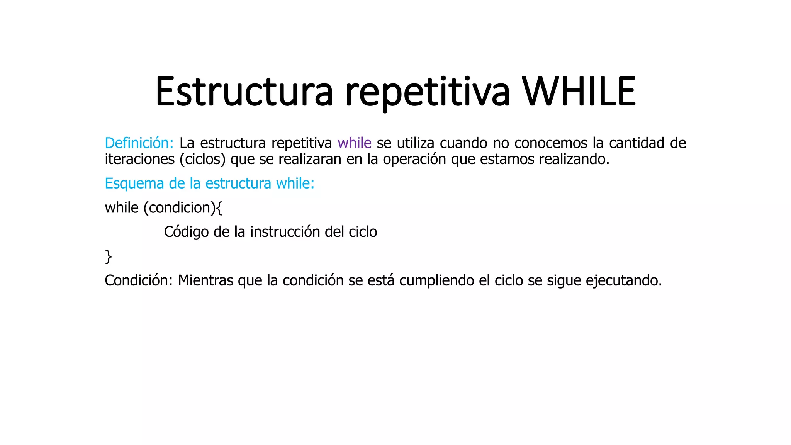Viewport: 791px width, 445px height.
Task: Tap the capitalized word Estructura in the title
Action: (x=244, y=92)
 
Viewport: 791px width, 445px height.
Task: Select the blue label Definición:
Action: (x=139, y=143)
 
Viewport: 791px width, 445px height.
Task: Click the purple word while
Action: (x=354, y=143)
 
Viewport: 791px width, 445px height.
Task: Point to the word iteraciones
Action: (x=139, y=159)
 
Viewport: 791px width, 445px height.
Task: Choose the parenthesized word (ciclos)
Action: (x=202, y=159)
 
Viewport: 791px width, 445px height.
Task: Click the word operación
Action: (x=414, y=159)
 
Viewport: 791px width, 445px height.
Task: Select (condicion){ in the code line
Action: (x=183, y=208)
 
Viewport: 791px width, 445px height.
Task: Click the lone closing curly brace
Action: (x=109, y=256)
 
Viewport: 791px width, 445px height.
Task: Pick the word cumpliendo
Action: (x=436, y=280)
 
